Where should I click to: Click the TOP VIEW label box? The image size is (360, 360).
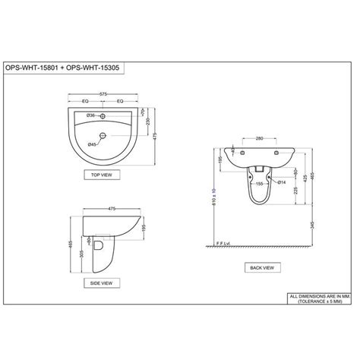point(103,174)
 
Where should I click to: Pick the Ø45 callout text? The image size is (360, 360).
point(90,143)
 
